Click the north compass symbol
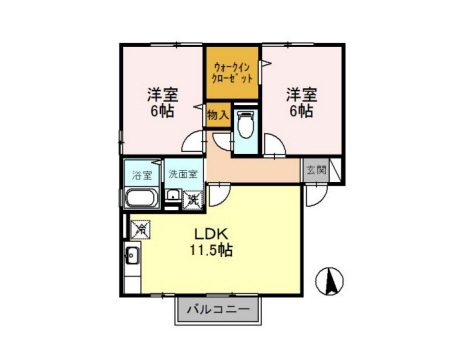329,281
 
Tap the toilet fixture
246,124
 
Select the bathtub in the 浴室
141,198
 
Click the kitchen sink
133,256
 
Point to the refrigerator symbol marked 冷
141,230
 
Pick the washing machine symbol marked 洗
193,200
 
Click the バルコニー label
218,309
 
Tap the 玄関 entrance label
316,170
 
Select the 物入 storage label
218,115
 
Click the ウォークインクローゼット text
232,73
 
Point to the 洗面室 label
183,174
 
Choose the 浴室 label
142,175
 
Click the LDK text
211,234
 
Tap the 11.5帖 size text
211,250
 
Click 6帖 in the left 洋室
162,111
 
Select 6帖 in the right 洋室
301,111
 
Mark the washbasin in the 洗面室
173,195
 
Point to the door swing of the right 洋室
275,144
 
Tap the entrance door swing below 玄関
317,196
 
